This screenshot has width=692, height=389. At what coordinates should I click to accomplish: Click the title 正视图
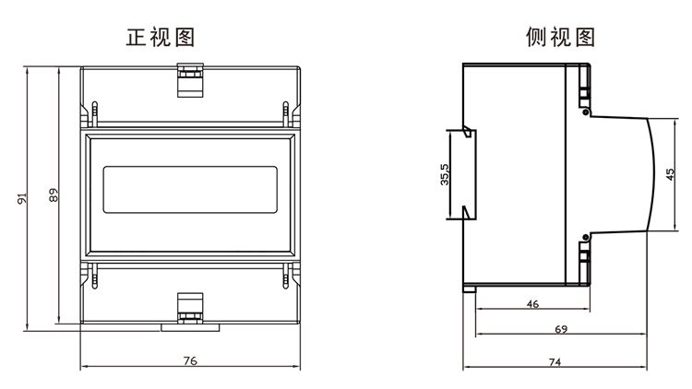tap(161, 37)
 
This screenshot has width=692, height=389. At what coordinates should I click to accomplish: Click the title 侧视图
tap(560, 37)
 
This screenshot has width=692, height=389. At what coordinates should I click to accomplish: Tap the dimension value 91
tap(22, 198)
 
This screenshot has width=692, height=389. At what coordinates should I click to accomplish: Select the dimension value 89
tap(54, 194)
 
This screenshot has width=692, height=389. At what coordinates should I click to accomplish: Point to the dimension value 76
tap(190, 360)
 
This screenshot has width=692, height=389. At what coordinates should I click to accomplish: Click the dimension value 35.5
tap(445, 174)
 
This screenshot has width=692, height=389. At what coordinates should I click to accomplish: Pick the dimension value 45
tap(670, 174)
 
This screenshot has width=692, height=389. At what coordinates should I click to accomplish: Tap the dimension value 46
tap(532, 304)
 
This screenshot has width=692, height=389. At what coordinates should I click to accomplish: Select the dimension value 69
tap(561, 329)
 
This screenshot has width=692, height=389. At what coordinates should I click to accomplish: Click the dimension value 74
tap(555, 362)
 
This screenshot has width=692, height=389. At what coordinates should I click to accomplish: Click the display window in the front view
tap(190, 190)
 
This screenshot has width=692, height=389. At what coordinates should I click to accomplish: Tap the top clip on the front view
tap(190, 80)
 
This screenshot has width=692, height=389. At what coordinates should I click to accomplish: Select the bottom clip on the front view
tap(190, 308)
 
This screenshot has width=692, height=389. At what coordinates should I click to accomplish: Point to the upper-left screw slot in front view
tap(94, 113)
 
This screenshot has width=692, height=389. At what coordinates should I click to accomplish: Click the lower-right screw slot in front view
tap(285, 277)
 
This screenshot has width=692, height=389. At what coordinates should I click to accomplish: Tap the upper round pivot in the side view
tap(586, 112)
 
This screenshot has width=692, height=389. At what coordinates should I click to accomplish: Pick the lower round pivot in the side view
tap(586, 237)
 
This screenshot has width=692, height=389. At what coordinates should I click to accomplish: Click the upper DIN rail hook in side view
tap(468, 132)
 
